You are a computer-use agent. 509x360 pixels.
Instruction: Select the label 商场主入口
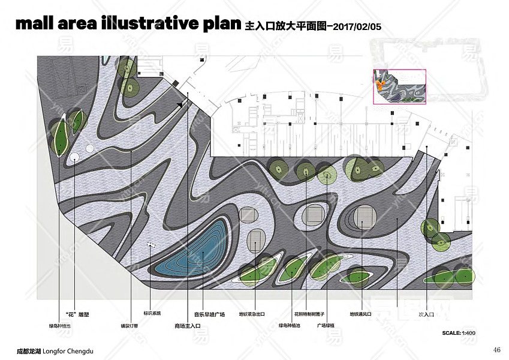coord(187,326)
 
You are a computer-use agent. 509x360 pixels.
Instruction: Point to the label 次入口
coord(426,314)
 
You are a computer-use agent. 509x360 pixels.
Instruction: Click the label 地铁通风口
coord(361,314)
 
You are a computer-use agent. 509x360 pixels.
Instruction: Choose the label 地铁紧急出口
coord(252,314)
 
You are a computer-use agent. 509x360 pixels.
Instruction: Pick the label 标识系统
coord(152,314)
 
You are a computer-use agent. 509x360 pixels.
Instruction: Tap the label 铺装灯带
coord(129,326)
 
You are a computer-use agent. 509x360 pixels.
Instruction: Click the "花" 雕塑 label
coord(77,314)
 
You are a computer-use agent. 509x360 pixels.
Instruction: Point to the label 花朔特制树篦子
coord(309,314)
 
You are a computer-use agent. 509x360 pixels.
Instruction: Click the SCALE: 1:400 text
coord(459,332)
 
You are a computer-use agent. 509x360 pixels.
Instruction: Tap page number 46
coord(496,350)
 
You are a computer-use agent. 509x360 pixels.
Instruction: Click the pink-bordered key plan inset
coord(399,87)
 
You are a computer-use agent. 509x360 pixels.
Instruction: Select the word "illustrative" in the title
coord(141,24)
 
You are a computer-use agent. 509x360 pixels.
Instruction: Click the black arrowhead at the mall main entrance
coord(179,104)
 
